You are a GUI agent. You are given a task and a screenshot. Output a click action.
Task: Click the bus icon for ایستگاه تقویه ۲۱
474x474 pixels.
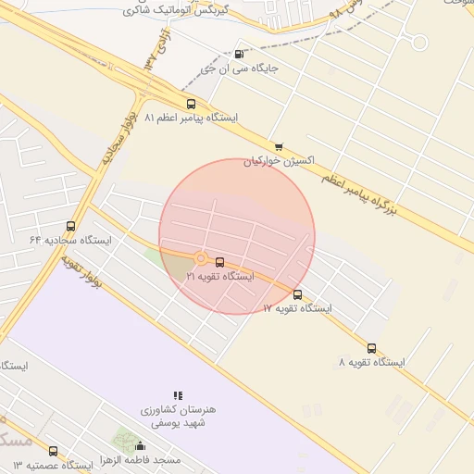(x=219, y=262)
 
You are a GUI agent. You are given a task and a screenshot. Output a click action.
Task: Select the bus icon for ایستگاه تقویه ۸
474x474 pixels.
(x=371, y=348)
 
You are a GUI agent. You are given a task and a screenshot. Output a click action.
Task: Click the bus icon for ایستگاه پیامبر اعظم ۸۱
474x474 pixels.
(x=191, y=104)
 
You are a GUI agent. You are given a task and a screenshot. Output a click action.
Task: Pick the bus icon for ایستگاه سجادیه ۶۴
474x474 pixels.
(x=71, y=226)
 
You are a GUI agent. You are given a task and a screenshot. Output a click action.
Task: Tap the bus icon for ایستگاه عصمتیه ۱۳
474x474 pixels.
(x=53, y=451)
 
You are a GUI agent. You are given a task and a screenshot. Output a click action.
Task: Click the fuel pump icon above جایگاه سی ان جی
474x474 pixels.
(x=240, y=54)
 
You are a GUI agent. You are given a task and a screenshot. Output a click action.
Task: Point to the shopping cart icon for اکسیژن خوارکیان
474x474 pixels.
(x=279, y=146)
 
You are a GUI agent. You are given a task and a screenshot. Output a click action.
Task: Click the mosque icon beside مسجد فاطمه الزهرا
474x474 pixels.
(x=140, y=447)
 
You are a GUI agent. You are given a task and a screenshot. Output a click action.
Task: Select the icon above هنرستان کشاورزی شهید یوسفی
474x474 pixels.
(x=178, y=395)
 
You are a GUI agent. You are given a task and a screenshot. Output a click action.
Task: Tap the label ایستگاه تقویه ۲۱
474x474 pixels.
(x=219, y=276)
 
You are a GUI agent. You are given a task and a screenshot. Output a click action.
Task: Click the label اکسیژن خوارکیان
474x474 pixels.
(x=279, y=160)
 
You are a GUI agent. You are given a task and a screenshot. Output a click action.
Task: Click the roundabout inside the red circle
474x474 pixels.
(x=200, y=259)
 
